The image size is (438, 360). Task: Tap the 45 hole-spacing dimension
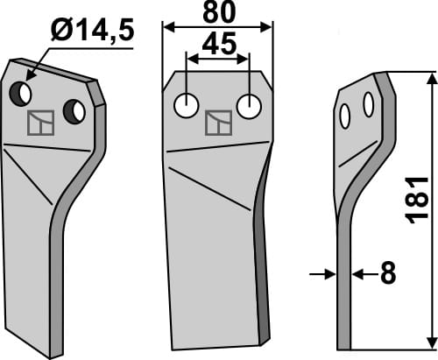[218, 45]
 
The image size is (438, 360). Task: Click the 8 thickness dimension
[386, 275]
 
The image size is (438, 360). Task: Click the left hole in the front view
[186, 106]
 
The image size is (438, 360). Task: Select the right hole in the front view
[251, 106]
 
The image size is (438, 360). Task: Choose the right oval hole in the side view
[369, 105]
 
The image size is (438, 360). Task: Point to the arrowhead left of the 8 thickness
[330, 275]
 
